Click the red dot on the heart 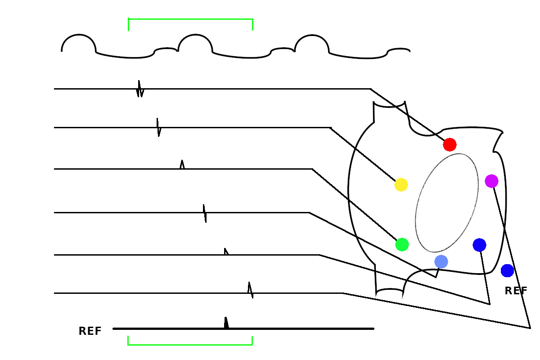[450, 144]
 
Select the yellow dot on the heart [401, 184]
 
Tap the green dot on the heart [402, 244]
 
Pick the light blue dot [441, 261]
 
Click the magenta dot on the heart [491, 181]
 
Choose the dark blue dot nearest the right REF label [507, 270]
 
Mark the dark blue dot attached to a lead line [479, 245]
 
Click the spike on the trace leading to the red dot [139, 89]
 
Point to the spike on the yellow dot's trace [158, 127]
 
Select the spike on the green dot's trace [182, 165]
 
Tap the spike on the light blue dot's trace [205, 213]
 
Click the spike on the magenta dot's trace [250, 290]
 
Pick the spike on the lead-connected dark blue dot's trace [226, 252]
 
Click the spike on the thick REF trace [226, 323]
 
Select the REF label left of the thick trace [90, 332]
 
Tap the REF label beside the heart [516, 291]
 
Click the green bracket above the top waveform [190, 19]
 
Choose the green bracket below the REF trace [190, 344]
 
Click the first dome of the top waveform [79, 36]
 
